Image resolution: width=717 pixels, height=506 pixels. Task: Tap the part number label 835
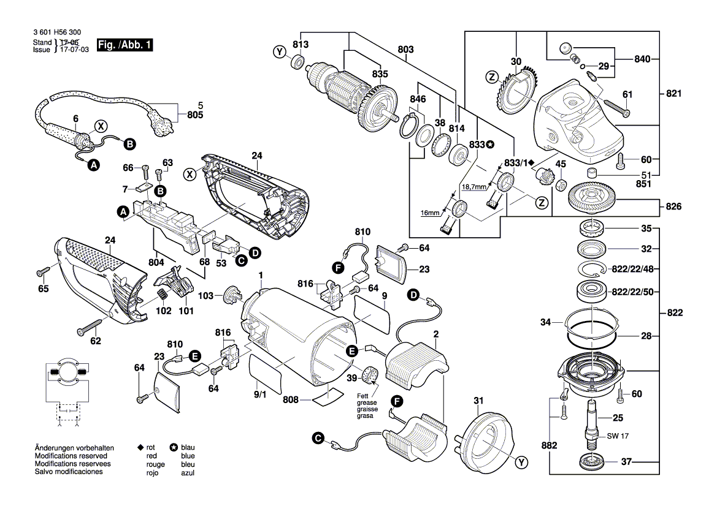(380, 74)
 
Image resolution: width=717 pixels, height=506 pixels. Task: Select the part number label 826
(673, 207)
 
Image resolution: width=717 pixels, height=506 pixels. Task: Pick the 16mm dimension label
(430, 213)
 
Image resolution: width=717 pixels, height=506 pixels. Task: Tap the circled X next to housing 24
(191, 175)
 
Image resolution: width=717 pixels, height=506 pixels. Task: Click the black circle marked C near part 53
(240, 260)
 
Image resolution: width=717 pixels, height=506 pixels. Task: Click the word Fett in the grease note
(363, 396)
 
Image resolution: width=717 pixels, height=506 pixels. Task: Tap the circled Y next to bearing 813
(280, 53)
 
